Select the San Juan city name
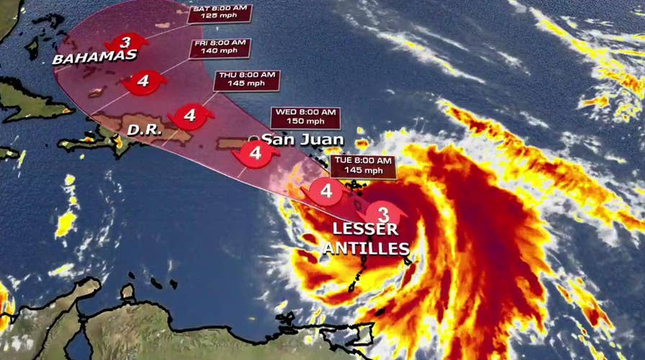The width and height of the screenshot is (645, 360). (302, 140)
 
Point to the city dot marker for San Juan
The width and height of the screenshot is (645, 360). (253, 139)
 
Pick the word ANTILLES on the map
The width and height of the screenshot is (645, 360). (366, 249)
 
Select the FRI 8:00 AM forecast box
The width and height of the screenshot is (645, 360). (221, 48)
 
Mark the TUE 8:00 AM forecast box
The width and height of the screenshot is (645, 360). (363, 166)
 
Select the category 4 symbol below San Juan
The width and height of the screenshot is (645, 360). (256, 153)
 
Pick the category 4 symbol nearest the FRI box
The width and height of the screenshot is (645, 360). (143, 81)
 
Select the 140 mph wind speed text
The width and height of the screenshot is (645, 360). (221, 53)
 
